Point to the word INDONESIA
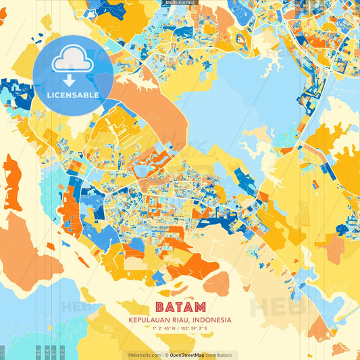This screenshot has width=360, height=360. tap(212, 320)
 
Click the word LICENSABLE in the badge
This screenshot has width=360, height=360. tap(73, 95)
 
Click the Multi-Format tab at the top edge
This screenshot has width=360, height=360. tap(180, 3)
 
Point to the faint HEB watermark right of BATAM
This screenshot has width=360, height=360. tap(277, 307)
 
